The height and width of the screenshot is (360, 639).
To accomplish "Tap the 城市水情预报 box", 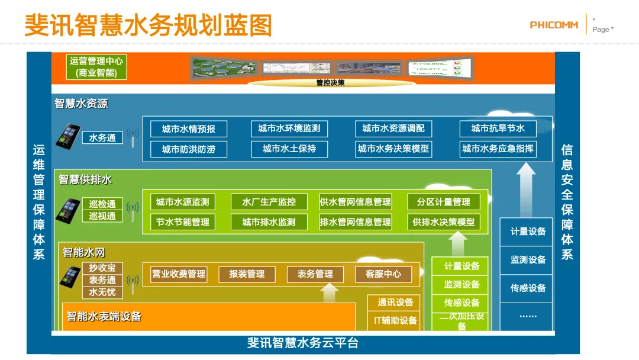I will [x=189, y=129].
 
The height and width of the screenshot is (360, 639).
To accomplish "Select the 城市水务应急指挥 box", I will [x=498, y=149].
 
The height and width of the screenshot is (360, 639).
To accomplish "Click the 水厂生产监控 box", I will [x=269, y=202].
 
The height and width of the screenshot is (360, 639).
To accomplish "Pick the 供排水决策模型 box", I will [x=443, y=222].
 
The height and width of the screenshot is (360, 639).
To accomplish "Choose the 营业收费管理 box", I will [x=179, y=274].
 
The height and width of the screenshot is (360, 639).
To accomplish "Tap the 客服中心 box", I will [x=383, y=274].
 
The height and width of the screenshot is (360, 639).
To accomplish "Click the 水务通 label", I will [x=102, y=138].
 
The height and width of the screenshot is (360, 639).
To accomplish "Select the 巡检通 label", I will [x=102, y=204].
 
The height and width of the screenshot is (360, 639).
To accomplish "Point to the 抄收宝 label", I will [x=102, y=268].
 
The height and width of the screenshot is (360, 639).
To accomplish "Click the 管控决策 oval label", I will [x=330, y=83].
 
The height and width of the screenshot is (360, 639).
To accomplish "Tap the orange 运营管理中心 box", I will [x=97, y=67].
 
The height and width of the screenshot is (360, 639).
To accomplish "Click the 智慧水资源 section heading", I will [x=82, y=104].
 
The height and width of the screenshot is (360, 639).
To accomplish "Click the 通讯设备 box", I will [x=395, y=303].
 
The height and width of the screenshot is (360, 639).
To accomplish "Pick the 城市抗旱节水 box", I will [x=498, y=128].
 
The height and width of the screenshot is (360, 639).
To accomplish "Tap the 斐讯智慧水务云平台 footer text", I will [x=302, y=343].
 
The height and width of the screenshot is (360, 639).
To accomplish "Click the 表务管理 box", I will [x=315, y=274].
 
